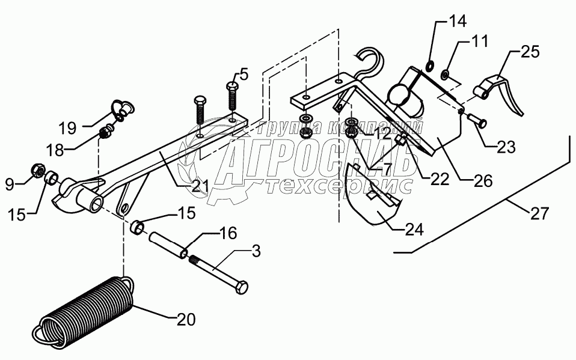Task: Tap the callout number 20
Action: click(186, 319)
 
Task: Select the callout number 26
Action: click(482, 179)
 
